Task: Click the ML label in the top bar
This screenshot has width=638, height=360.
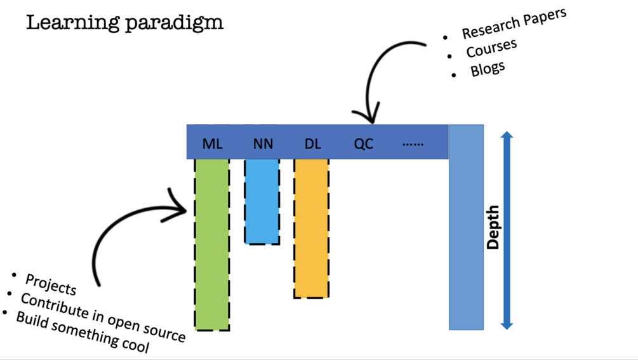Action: click(212, 144)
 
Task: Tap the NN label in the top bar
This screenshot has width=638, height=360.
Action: click(263, 144)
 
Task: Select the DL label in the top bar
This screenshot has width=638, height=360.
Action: click(313, 144)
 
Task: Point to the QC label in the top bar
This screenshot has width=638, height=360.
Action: click(364, 144)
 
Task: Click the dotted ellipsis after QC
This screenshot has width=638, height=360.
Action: click(413, 144)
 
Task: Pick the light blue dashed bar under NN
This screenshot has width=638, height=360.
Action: click(262, 201)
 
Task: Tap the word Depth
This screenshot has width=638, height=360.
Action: click(494, 227)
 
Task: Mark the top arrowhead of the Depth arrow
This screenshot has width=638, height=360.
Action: click(507, 135)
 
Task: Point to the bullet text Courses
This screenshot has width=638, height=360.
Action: click(491, 48)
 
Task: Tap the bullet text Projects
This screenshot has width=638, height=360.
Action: click(50, 284)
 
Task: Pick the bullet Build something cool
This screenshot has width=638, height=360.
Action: click(83, 333)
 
